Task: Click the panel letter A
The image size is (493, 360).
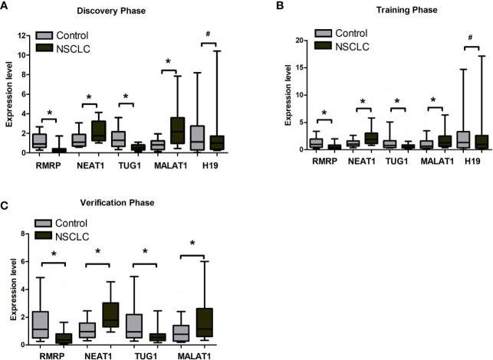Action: point(5,5)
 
